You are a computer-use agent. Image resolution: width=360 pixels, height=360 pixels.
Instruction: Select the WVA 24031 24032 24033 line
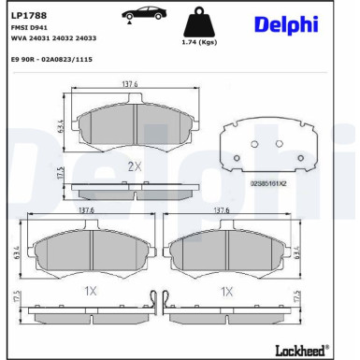click(53, 38)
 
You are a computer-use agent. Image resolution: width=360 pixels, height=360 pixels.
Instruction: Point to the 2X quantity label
click(134, 166)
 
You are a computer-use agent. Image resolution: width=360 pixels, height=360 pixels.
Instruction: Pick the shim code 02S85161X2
click(268, 183)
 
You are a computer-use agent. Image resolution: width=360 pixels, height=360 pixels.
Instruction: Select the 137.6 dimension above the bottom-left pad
click(86, 210)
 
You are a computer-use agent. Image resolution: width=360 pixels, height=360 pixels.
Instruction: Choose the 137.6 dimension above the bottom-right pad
click(223, 210)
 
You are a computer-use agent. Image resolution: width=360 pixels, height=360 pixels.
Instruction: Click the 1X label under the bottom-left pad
click(90, 291)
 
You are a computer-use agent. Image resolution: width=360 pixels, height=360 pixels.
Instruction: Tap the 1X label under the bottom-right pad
click(225, 291)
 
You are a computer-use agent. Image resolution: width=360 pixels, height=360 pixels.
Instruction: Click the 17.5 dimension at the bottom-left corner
click(16, 300)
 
